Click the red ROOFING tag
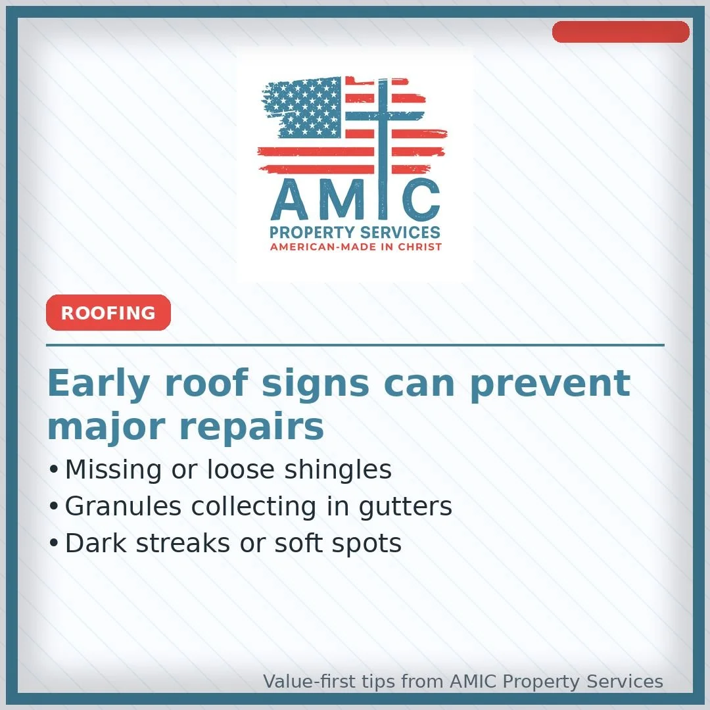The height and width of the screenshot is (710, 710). pos(108,313)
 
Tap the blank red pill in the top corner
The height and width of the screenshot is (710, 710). pos(621,32)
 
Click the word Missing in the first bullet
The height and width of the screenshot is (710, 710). pos(113,469)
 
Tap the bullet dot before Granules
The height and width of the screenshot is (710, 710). pos(54,507)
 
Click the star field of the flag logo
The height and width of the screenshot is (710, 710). pos(306,106)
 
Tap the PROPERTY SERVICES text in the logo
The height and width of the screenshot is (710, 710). pos(355,233)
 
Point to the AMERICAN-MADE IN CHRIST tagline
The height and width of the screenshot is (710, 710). pos(356,247)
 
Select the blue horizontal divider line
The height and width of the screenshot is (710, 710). pos(355,344)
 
